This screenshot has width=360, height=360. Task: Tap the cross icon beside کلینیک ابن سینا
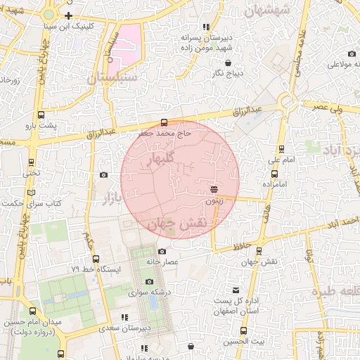68,15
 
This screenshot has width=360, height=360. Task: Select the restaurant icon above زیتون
214,189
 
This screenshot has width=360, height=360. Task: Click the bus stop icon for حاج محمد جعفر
165,122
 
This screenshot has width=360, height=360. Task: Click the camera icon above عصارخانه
162,251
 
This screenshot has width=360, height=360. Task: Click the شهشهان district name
269,11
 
